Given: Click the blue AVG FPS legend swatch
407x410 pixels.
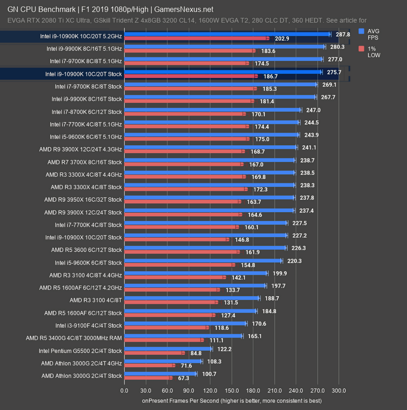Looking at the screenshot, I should click(x=361, y=31).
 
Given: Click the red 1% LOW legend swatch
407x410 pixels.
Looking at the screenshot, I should click(x=361, y=48).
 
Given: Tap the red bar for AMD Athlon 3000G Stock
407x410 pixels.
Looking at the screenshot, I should click(x=148, y=378).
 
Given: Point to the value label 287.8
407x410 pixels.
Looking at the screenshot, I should click(x=343, y=34).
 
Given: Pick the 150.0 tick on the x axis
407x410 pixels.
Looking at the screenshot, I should click(x=232, y=390).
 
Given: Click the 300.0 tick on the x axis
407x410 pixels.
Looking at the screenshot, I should click(x=339, y=390).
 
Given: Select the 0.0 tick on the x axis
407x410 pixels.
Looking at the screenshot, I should click(x=124, y=390).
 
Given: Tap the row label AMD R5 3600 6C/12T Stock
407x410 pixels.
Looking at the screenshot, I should click(x=86, y=250).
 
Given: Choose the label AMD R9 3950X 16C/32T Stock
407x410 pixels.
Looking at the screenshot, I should click(x=83, y=200).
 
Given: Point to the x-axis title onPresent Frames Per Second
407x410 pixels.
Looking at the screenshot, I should click(x=232, y=400).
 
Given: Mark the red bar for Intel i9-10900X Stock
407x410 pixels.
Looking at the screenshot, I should click(x=177, y=239).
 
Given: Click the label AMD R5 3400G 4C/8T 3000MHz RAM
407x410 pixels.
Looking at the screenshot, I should click(x=74, y=338).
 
